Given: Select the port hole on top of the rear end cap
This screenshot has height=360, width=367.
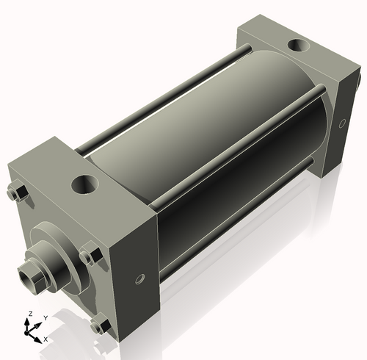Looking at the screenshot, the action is coord(299,45).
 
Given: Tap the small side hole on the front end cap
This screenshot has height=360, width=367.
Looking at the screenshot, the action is coord(140,279).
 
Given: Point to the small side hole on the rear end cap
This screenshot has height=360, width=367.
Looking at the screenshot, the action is coord(342,123).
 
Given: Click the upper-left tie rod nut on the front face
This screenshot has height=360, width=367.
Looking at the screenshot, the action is coord(17,191).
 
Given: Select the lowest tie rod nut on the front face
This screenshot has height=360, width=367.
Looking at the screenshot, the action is coord(101,325).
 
